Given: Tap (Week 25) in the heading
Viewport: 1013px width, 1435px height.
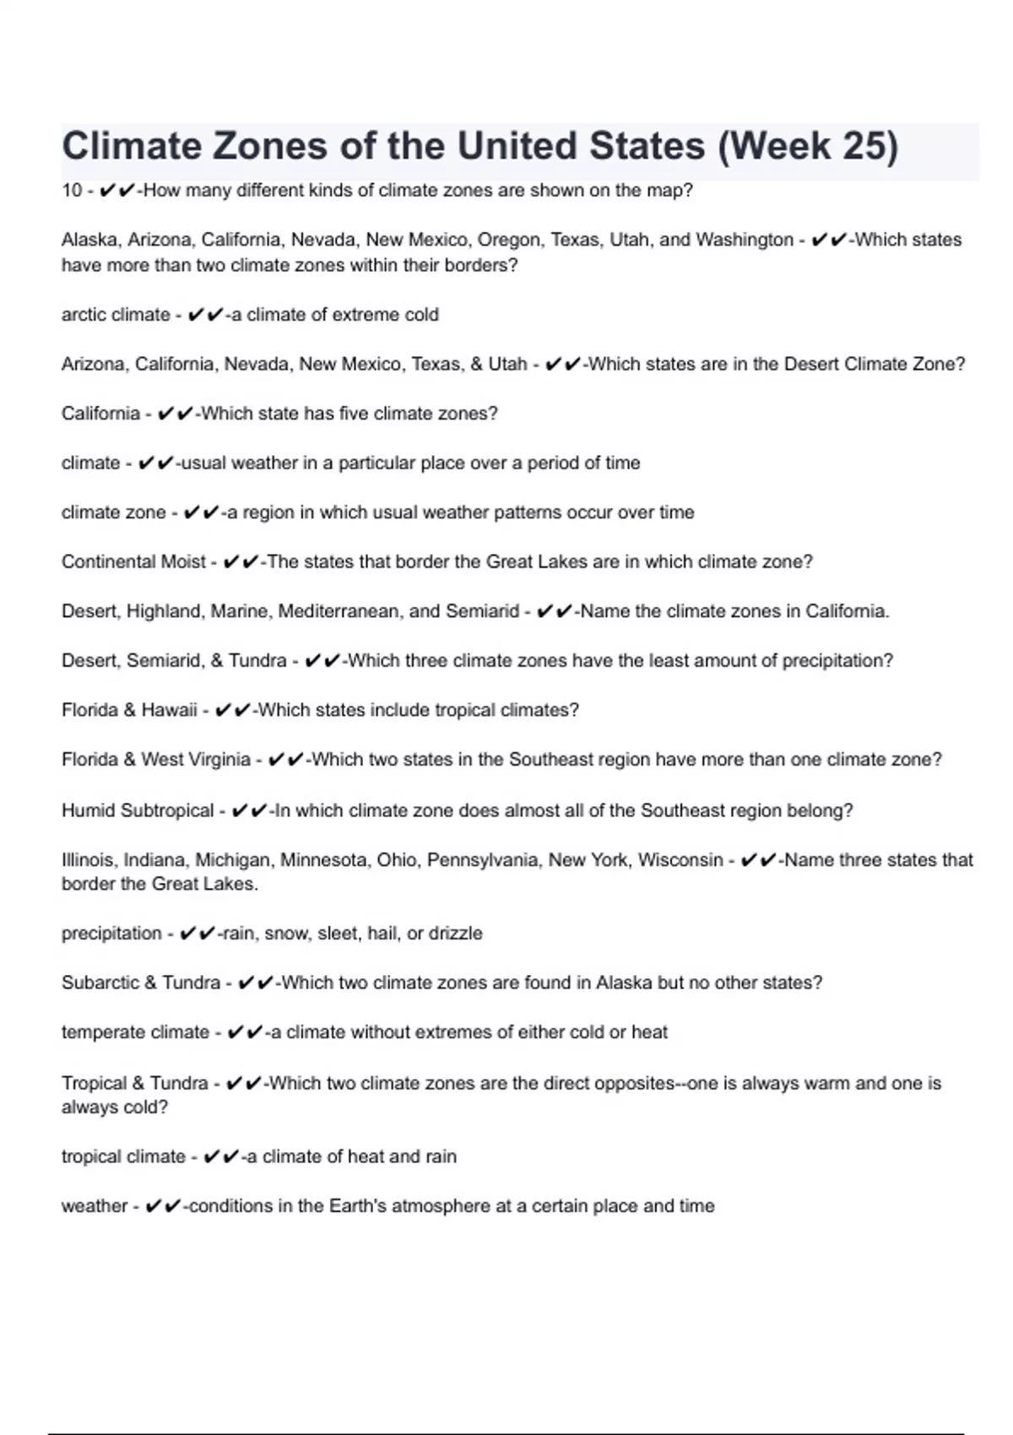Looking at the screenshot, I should tap(807, 146).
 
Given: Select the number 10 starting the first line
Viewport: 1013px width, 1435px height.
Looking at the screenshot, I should tap(72, 191).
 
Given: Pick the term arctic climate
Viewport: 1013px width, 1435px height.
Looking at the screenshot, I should tap(116, 315).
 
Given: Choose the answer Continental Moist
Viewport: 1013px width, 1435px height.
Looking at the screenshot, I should tap(133, 562).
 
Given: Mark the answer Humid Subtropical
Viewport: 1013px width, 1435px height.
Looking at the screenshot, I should tap(138, 811).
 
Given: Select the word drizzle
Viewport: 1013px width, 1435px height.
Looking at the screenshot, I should tap(455, 934).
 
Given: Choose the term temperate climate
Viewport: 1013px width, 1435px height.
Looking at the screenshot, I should tap(135, 1032).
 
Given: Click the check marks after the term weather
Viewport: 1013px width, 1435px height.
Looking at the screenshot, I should tap(163, 1207).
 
